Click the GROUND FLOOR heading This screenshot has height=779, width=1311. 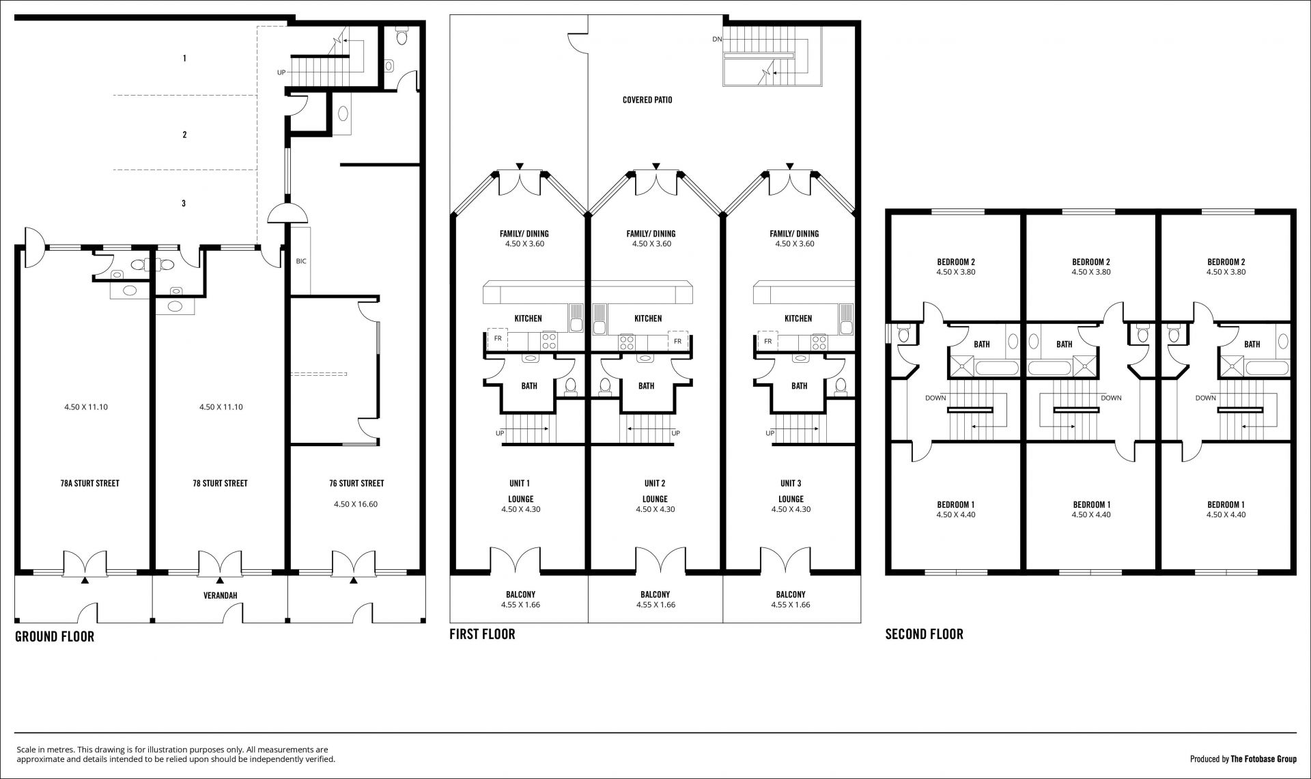(x=55, y=637)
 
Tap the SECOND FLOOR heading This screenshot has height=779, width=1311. (x=924, y=634)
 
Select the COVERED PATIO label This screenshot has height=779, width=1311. (x=647, y=100)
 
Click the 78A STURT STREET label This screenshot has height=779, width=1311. (x=89, y=483)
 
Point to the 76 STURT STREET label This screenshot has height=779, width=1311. (x=356, y=483)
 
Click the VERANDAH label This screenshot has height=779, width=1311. (x=220, y=596)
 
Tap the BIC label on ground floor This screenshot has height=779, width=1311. (x=301, y=261)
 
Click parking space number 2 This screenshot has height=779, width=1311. (x=184, y=135)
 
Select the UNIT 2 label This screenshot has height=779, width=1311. (x=654, y=483)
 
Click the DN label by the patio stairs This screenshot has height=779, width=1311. (x=717, y=39)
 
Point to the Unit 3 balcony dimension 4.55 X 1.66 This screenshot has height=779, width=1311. (x=791, y=605)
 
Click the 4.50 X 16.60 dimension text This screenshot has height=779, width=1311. (x=356, y=504)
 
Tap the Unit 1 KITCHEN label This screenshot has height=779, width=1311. (x=528, y=318)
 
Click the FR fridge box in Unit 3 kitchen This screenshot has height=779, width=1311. (x=768, y=341)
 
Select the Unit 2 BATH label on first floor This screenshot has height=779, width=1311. (x=646, y=386)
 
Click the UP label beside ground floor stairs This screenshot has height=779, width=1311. (x=281, y=72)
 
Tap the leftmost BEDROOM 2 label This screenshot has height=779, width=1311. (x=956, y=262)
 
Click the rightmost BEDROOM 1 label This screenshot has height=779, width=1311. (x=1226, y=505)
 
